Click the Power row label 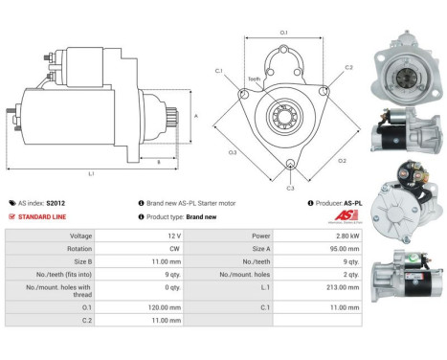[x=235, y=235]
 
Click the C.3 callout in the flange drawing [x=290, y=189]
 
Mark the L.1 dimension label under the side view [x=91, y=173]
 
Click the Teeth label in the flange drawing [x=254, y=79]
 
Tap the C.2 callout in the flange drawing [x=349, y=68]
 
